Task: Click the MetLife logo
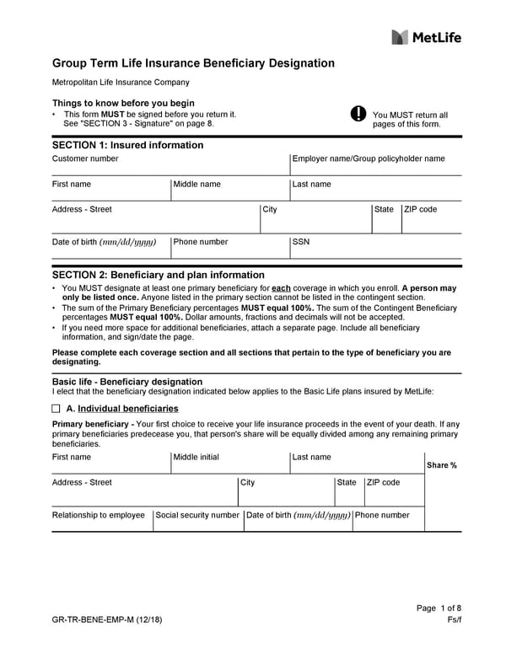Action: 427,36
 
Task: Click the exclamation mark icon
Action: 358,115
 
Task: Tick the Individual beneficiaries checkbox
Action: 57,408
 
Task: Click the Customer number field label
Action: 85,158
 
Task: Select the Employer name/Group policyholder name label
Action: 368,158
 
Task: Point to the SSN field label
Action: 301,242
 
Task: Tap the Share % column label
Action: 442,465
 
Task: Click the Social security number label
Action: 197,515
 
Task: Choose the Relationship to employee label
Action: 99,515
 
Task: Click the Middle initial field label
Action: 196,457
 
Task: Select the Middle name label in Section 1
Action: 197,184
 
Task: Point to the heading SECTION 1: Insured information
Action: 127,145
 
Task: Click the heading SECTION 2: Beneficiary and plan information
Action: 159,275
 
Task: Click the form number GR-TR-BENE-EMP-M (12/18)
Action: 106,620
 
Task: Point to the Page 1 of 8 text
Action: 439,608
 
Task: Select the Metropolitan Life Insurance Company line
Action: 121,83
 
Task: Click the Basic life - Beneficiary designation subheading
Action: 127,382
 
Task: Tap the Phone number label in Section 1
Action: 201,242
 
